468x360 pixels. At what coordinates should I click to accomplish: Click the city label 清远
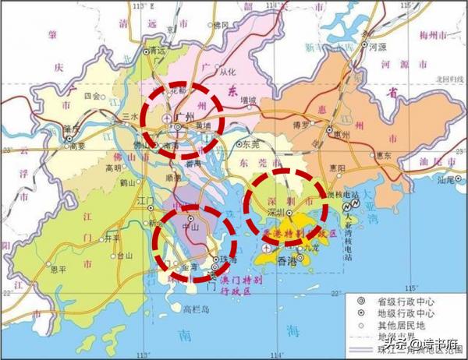(x=157, y=51)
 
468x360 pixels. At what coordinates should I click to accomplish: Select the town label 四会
(x=92, y=97)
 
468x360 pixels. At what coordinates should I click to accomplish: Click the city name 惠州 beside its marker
(x=339, y=134)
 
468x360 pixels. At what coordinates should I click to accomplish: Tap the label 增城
(x=249, y=100)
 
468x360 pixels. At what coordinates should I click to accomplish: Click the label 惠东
(x=382, y=156)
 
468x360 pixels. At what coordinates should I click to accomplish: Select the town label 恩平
(x=58, y=274)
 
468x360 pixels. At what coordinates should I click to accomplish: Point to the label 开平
(x=112, y=237)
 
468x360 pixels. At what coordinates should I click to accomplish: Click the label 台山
(x=125, y=256)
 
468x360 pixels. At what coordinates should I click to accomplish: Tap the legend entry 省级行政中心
(x=397, y=300)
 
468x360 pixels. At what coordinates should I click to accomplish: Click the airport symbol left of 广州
(x=166, y=118)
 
